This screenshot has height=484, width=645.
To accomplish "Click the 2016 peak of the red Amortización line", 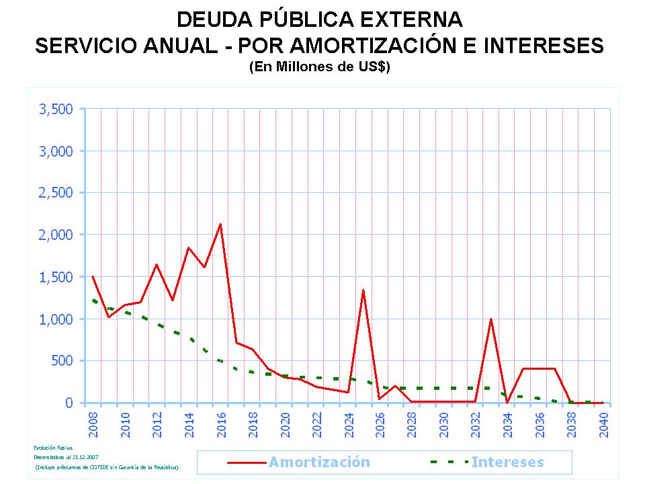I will [x=220, y=225].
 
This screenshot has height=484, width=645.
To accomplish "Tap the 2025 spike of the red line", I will [x=363, y=290].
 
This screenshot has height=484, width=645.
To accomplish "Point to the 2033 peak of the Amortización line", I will [x=491, y=319].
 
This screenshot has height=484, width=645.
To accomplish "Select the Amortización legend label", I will [x=319, y=462].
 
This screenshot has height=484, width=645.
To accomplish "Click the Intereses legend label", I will [x=507, y=462].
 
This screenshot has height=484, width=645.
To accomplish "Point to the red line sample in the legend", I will [x=247, y=462].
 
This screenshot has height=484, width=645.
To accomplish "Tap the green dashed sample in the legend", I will [x=449, y=462].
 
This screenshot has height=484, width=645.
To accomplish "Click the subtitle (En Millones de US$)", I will [x=319, y=67].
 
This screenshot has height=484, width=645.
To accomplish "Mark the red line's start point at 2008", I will [x=93, y=276].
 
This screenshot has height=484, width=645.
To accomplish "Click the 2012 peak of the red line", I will [x=157, y=264].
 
